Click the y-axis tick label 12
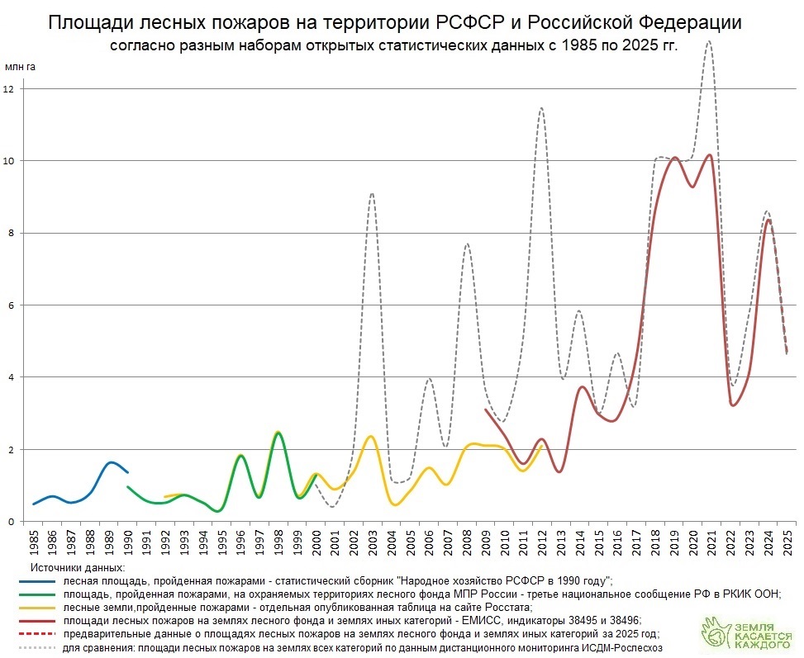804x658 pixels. coord(9,88)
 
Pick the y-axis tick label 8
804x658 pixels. coord(9,233)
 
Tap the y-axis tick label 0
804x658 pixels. coord(9,522)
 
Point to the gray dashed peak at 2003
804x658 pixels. coord(372,193)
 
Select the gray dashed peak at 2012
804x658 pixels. coord(541,108)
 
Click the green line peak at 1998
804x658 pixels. coord(278,434)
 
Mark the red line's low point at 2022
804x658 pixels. coord(732,405)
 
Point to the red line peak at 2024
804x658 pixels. coord(769,220)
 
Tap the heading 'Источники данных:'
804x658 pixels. coord(78,568)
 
